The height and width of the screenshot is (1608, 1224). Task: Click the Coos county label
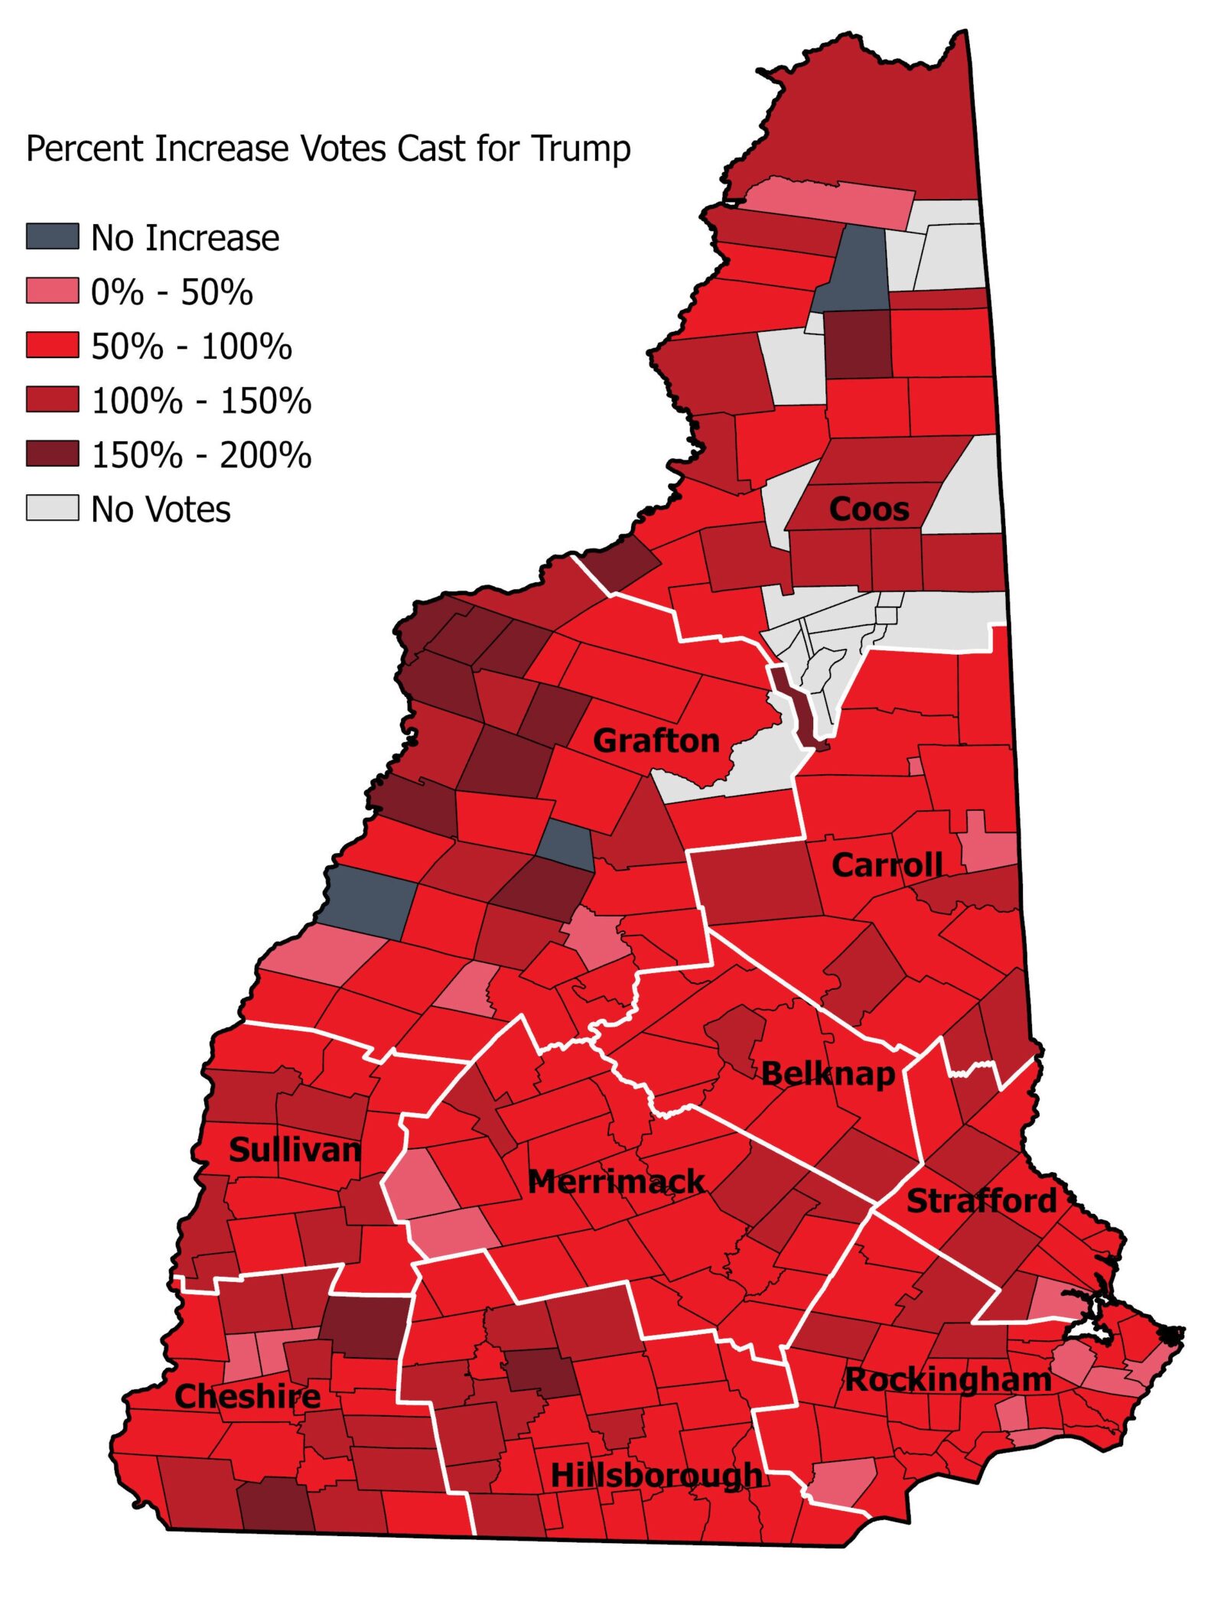pyautogui.click(x=869, y=509)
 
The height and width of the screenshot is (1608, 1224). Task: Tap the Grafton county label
pyautogui.click(x=656, y=741)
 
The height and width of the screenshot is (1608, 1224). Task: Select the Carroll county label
pyautogui.click(x=887, y=865)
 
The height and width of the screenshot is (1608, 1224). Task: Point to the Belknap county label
pyautogui.click(x=828, y=1074)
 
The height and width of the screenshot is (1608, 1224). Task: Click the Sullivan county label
pyautogui.click(x=295, y=1150)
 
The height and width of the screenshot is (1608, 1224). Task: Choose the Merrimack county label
pyautogui.click(x=617, y=1181)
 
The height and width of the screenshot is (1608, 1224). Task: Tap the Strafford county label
pyautogui.click(x=981, y=1201)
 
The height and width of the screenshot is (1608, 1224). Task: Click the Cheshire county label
pyautogui.click(x=248, y=1397)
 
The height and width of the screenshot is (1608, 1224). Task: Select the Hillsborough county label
pyautogui.click(x=656, y=1475)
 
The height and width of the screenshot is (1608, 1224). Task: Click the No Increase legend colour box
pyautogui.click(x=52, y=236)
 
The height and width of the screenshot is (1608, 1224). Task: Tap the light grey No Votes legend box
pyautogui.click(x=52, y=508)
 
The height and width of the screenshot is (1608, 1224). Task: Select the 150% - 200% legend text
pyautogui.click(x=201, y=455)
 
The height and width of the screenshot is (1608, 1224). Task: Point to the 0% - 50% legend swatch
pyautogui.click(x=52, y=291)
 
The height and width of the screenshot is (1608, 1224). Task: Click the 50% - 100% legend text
pyautogui.click(x=191, y=347)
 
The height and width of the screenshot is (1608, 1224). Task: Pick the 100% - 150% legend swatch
pyautogui.click(x=52, y=399)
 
